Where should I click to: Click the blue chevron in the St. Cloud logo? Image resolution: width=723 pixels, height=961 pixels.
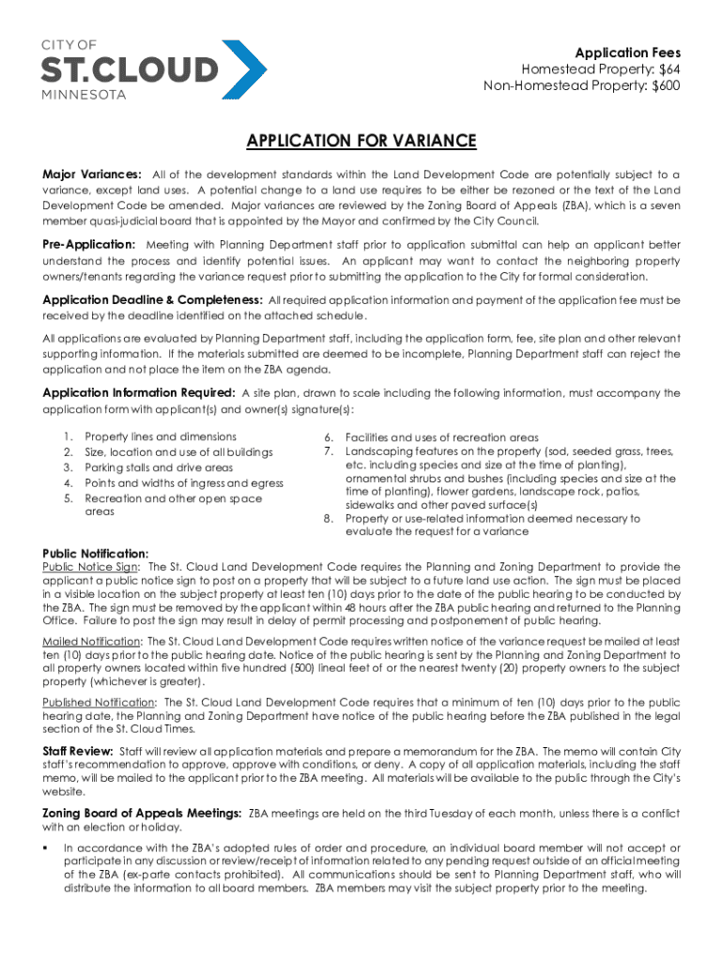coord(244,69)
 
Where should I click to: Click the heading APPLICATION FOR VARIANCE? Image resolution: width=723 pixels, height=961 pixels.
coord(361,142)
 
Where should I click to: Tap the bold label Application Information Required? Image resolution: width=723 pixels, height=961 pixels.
coord(139,393)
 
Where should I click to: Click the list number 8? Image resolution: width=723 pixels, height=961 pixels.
coord(328,519)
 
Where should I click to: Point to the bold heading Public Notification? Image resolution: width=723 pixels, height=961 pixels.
coord(96,554)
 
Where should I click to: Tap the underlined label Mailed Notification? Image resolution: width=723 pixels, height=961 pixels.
coord(92,641)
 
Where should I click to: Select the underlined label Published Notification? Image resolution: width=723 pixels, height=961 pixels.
coord(99,702)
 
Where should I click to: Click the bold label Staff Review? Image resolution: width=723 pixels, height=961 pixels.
coord(78,751)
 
